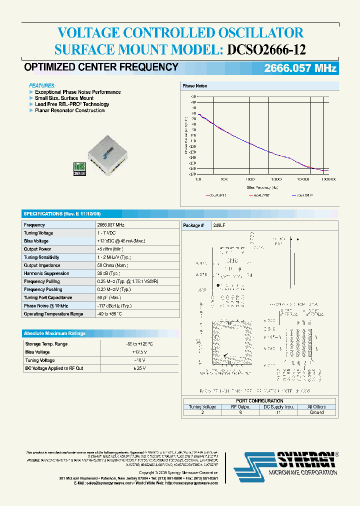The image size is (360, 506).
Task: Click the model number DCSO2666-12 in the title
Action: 266,49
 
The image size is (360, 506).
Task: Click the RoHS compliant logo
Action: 79,169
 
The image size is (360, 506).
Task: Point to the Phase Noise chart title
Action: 194,86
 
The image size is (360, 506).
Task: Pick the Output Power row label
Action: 37,249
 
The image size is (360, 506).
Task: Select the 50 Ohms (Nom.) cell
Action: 112,265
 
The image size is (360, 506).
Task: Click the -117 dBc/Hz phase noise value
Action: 114,305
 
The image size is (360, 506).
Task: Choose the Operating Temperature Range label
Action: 53,314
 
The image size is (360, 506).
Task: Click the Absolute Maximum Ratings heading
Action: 54,333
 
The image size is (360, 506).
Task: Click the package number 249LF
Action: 219,225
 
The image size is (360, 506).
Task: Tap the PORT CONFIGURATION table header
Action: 259,400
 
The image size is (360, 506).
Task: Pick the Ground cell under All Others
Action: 316,412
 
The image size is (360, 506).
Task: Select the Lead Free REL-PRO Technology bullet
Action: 72,104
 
